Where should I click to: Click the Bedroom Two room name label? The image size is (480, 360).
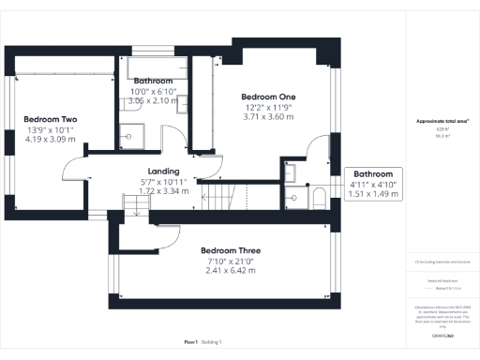point(50,120)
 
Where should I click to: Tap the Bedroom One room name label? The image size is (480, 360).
point(268,97)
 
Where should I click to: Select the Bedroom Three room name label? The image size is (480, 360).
point(231,251)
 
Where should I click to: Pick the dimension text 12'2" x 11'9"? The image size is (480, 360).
point(268,108)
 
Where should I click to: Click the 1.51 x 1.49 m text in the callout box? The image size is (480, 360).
point(373,195)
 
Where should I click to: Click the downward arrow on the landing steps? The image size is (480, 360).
point(137,212)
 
